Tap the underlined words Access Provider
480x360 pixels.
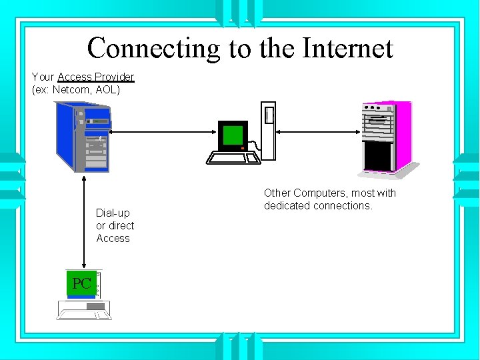(96, 77)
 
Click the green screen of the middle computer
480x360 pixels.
(233, 135)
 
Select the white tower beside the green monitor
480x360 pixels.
(268, 131)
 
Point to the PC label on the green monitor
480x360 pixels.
(81, 283)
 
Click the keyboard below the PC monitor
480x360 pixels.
(84, 309)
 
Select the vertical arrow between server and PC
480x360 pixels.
(84, 221)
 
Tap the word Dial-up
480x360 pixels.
(113, 213)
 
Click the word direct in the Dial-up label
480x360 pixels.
(121, 225)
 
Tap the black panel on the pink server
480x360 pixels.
(378, 155)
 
